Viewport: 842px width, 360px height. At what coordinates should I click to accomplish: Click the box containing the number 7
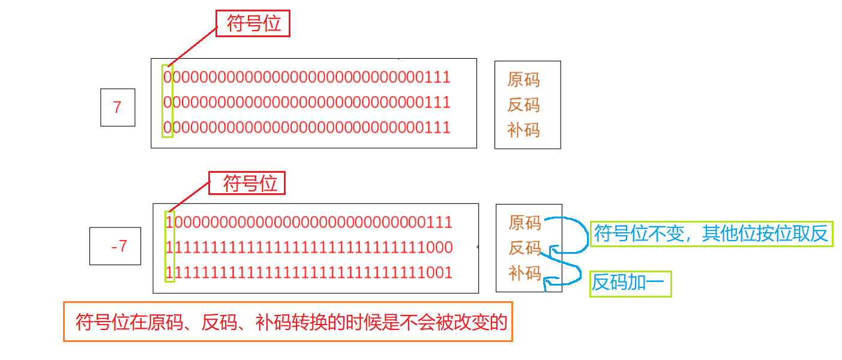point(118,107)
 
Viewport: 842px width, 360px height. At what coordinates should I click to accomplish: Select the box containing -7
point(115,246)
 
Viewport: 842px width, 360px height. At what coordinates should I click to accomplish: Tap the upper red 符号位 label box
point(253,24)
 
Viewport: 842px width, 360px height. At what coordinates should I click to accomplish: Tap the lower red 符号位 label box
point(247,183)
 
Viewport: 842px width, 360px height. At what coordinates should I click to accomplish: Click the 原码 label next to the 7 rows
point(523,79)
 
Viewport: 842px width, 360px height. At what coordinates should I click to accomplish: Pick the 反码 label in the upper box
point(523,105)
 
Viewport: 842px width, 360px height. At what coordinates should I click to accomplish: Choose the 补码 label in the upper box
point(523,130)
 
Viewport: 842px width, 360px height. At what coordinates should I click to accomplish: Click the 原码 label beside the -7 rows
point(525,223)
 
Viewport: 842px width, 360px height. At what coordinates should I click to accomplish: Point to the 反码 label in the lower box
point(525,248)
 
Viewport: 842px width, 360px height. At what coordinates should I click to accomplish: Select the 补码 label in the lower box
point(525,273)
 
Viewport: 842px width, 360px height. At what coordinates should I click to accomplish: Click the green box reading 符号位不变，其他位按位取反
point(711,234)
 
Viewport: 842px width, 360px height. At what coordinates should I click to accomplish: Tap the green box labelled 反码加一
point(630,283)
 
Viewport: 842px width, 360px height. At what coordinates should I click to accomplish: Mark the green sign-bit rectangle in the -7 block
point(169,246)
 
